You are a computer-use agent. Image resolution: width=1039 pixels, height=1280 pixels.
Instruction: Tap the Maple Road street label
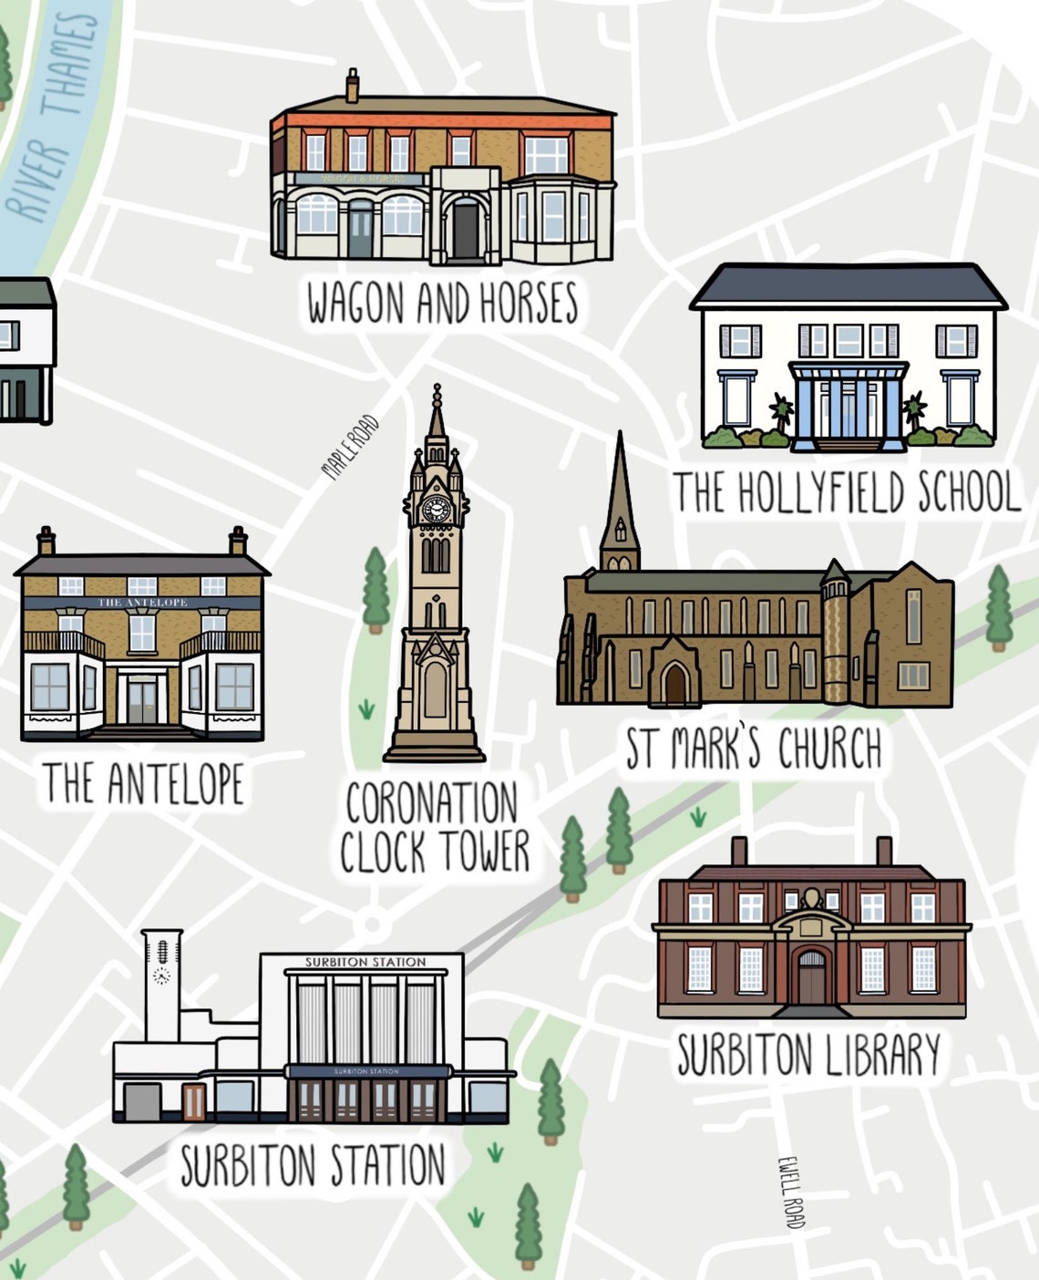350,448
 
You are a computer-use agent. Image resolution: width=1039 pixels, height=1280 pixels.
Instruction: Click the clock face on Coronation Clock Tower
437,509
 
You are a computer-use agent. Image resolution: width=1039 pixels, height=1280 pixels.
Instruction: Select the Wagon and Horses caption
442,304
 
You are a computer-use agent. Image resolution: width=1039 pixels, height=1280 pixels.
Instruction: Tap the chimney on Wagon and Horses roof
352,87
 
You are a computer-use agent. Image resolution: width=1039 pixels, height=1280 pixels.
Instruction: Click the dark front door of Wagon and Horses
465,232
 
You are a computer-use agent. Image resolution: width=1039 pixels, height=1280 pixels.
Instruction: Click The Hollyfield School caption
846,492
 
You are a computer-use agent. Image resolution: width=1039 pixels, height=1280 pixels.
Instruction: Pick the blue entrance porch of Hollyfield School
849,406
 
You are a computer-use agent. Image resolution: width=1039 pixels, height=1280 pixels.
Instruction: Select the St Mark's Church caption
754,749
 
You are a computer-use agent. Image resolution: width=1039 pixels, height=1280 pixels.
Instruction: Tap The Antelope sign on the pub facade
142,603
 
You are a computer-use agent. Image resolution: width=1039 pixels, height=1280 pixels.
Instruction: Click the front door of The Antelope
142,700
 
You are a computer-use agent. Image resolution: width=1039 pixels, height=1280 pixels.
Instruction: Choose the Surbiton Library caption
808,1055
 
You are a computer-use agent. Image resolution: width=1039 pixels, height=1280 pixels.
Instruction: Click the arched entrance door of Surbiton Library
811,978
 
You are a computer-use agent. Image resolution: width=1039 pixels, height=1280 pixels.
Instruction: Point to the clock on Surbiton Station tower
161,975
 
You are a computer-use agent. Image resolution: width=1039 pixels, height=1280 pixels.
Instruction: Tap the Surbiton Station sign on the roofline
365,962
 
